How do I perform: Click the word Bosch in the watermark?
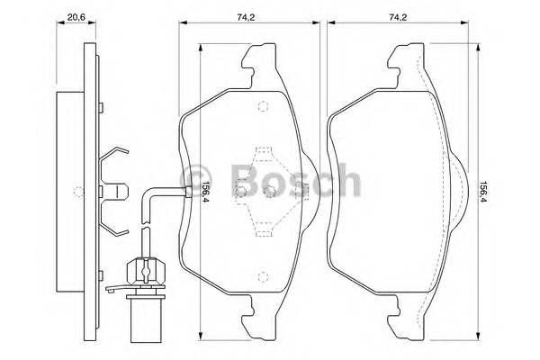(x=292, y=180)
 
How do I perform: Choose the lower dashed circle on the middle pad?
(x=261, y=276)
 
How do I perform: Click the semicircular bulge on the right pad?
(x=456, y=190)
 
